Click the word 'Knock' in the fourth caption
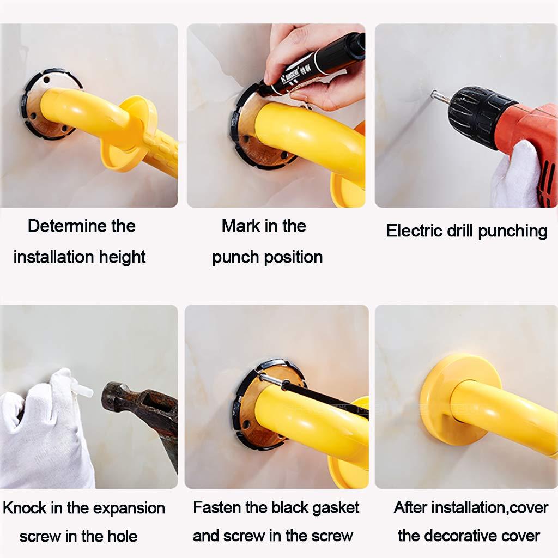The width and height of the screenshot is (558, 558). pyautogui.click(x=25, y=508)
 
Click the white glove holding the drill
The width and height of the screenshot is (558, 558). pyautogui.click(x=514, y=174)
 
